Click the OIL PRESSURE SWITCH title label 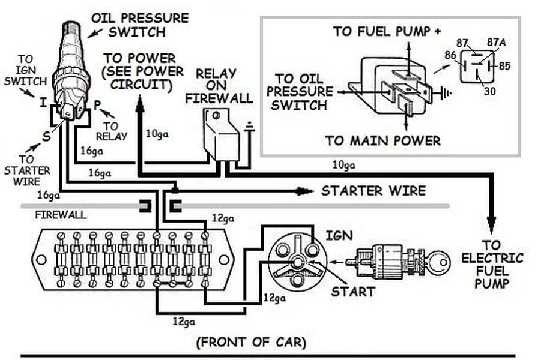point(140,25)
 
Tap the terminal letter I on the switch point(43,103)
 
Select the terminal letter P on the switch point(98,105)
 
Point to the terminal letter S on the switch point(46,137)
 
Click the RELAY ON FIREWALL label point(219,86)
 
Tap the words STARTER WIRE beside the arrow point(373,191)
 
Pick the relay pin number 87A point(496,43)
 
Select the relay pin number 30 point(489,91)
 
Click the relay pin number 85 point(504,66)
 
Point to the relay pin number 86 point(450,55)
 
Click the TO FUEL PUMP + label point(387,31)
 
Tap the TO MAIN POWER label point(383,140)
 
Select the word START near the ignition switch point(352,292)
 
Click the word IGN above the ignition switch point(339,236)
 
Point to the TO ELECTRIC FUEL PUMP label point(492,265)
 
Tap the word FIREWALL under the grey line point(61,215)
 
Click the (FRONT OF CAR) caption point(251,343)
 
